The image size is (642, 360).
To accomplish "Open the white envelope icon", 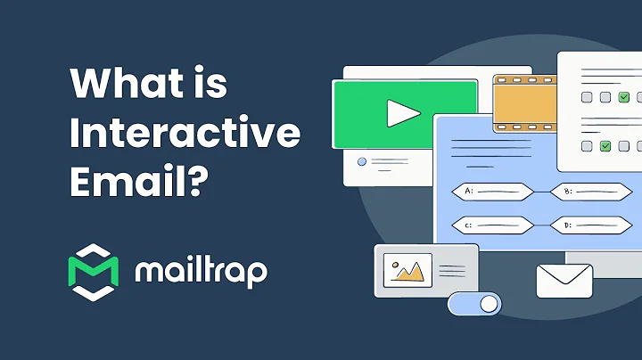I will tap(564, 281).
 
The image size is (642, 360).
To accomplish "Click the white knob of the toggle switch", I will tap(489, 304).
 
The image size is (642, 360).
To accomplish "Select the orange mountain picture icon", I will tap(407, 268).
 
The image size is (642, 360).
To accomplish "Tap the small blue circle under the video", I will tap(361, 162).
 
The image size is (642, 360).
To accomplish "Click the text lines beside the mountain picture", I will tap(452, 268).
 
